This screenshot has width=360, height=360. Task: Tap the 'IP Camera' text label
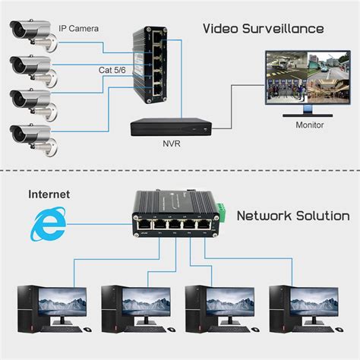(x=78, y=29)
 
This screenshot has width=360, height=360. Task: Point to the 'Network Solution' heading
(x=293, y=216)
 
